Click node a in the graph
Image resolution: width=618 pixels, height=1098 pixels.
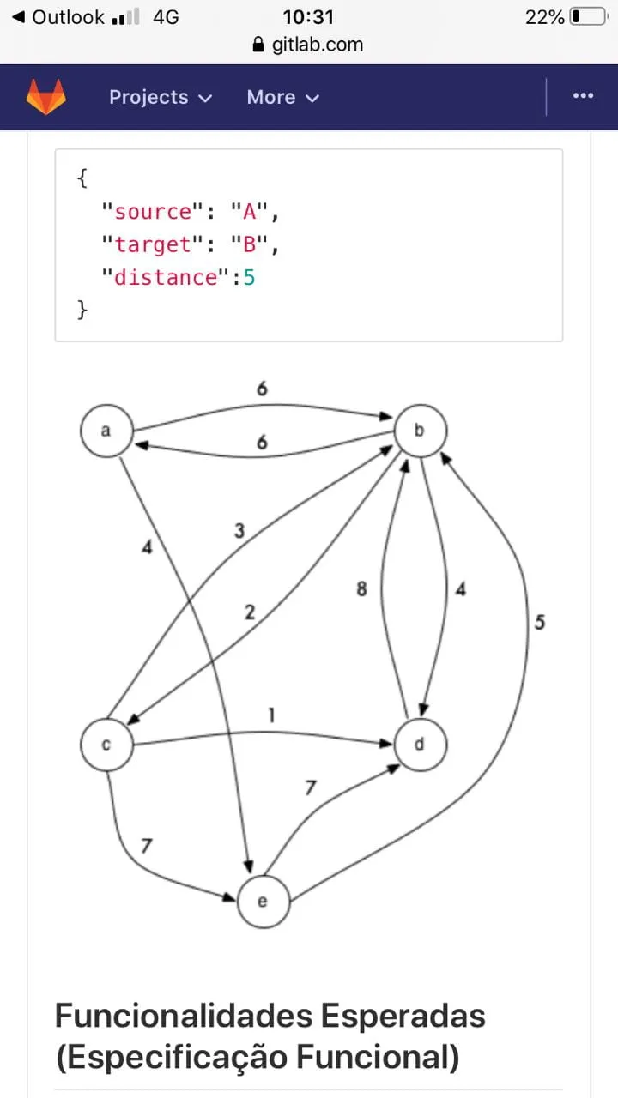[106, 431]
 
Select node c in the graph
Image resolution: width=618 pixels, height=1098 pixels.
[106, 745]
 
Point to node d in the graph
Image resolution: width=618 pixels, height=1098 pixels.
[420, 745]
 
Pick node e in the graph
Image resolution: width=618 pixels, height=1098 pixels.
[263, 902]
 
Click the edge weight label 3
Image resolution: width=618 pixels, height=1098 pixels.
[239, 532]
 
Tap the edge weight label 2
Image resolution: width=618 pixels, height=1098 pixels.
[249, 612]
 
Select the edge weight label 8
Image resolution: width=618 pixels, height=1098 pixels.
[361, 590]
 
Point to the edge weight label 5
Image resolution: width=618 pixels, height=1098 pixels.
[539, 623]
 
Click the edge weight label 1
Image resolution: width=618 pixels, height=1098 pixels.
[271, 715]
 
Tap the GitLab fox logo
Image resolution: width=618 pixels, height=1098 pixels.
[45, 97]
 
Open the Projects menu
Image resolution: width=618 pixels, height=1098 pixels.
[160, 97]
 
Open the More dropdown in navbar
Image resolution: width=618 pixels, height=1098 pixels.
[282, 97]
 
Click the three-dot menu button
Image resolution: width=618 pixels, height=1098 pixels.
[583, 96]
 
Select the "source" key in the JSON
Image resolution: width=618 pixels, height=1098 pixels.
[147, 212]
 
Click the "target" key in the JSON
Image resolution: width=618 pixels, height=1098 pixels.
[147, 244]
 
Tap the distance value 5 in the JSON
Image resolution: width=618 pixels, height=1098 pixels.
[249, 277]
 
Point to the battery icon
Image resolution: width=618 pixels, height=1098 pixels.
[588, 16]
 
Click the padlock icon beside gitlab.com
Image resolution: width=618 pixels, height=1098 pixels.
[258, 45]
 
